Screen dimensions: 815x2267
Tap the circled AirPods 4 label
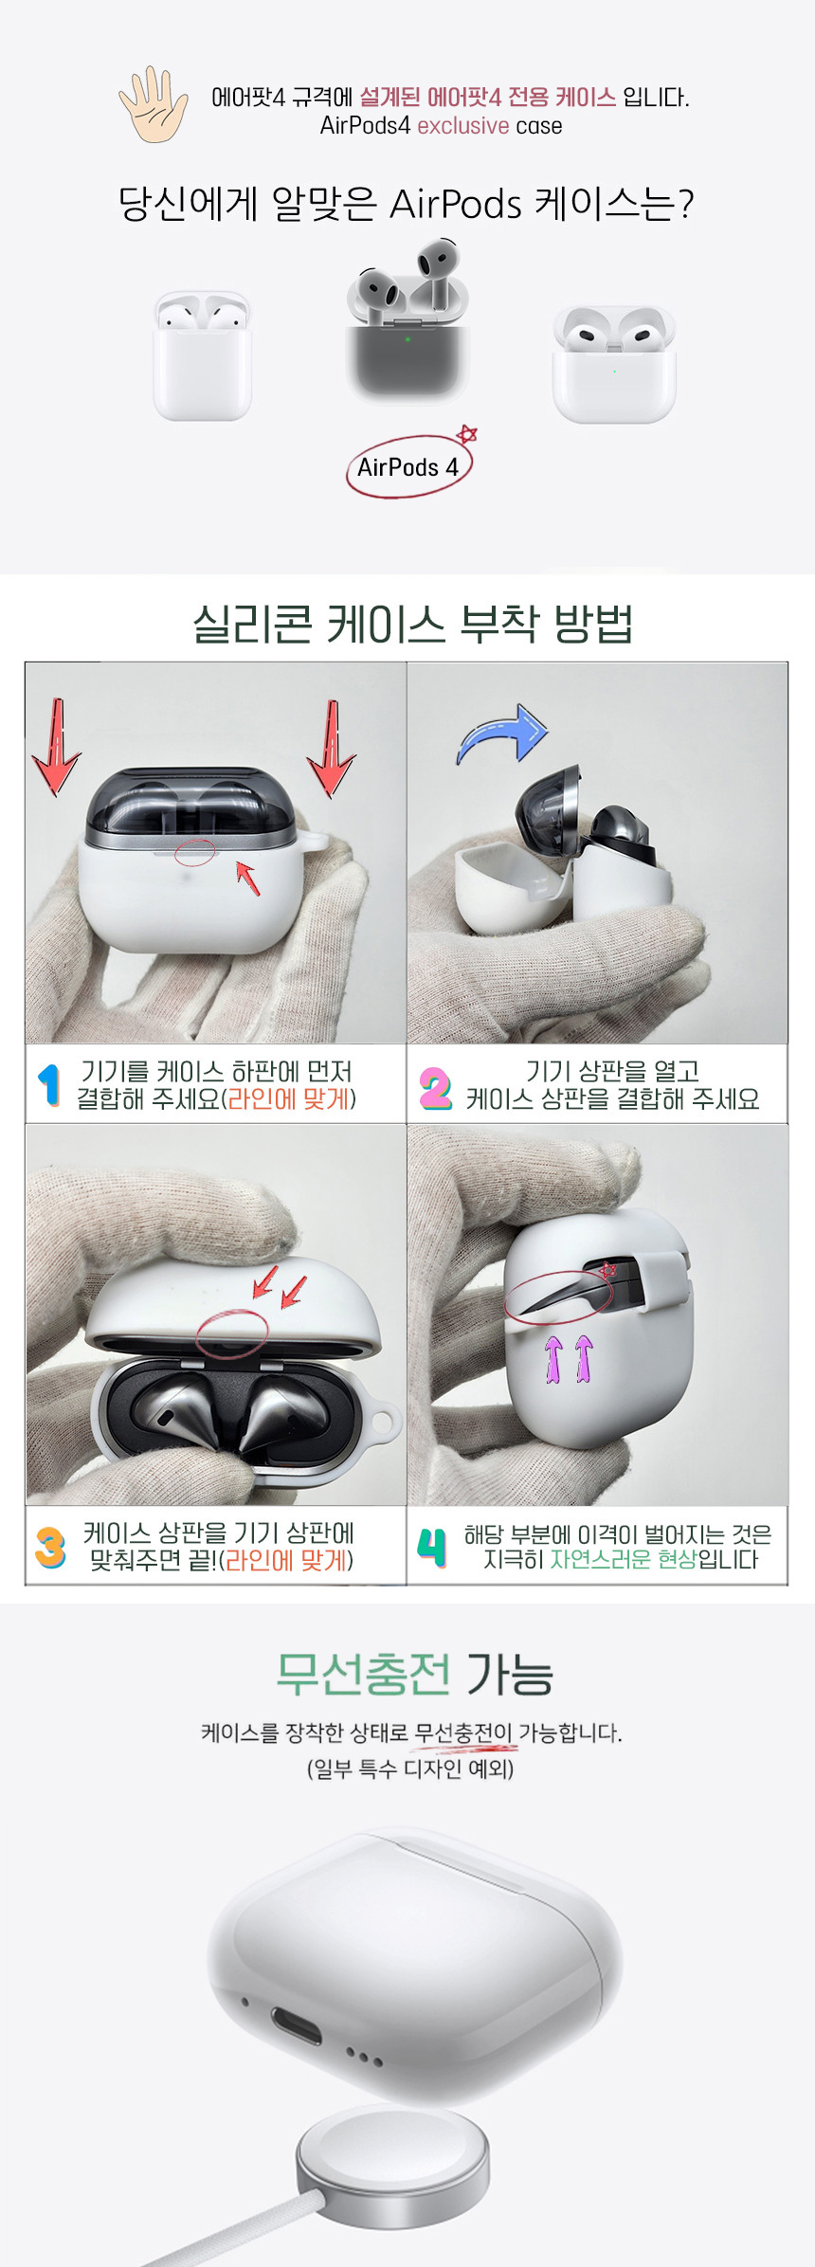pyautogui.click(x=408, y=467)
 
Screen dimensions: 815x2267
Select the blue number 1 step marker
pyautogui.click(x=49, y=1085)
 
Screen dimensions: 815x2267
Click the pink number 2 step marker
pyautogui.click(x=435, y=1087)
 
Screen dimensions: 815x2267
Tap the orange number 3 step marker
pyautogui.click(x=50, y=1548)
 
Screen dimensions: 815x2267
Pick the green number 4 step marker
pyautogui.click(x=432, y=1547)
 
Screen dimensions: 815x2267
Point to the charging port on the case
pyautogui.click(x=295, y=2025)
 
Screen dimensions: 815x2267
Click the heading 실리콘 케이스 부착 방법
pyautogui.click(x=412, y=624)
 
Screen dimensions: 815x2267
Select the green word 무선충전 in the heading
pyautogui.click(x=363, y=1674)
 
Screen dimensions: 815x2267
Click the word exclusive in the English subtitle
pyautogui.click(x=463, y=126)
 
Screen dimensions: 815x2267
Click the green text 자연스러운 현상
pyautogui.click(x=624, y=1559)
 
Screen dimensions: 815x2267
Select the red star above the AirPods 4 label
pyautogui.click(x=466, y=434)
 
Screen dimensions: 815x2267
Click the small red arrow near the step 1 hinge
pyautogui.click(x=247, y=877)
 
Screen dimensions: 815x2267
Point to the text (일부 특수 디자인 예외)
pyautogui.click(x=409, y=1768)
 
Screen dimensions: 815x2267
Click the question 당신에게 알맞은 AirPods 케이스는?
pyautogui.click(x=407, y=203)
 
